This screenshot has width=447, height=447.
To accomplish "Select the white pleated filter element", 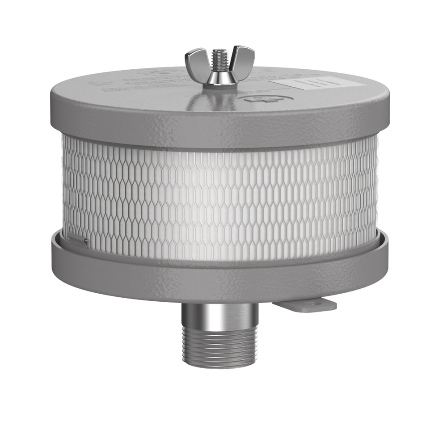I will tap(219, 197).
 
